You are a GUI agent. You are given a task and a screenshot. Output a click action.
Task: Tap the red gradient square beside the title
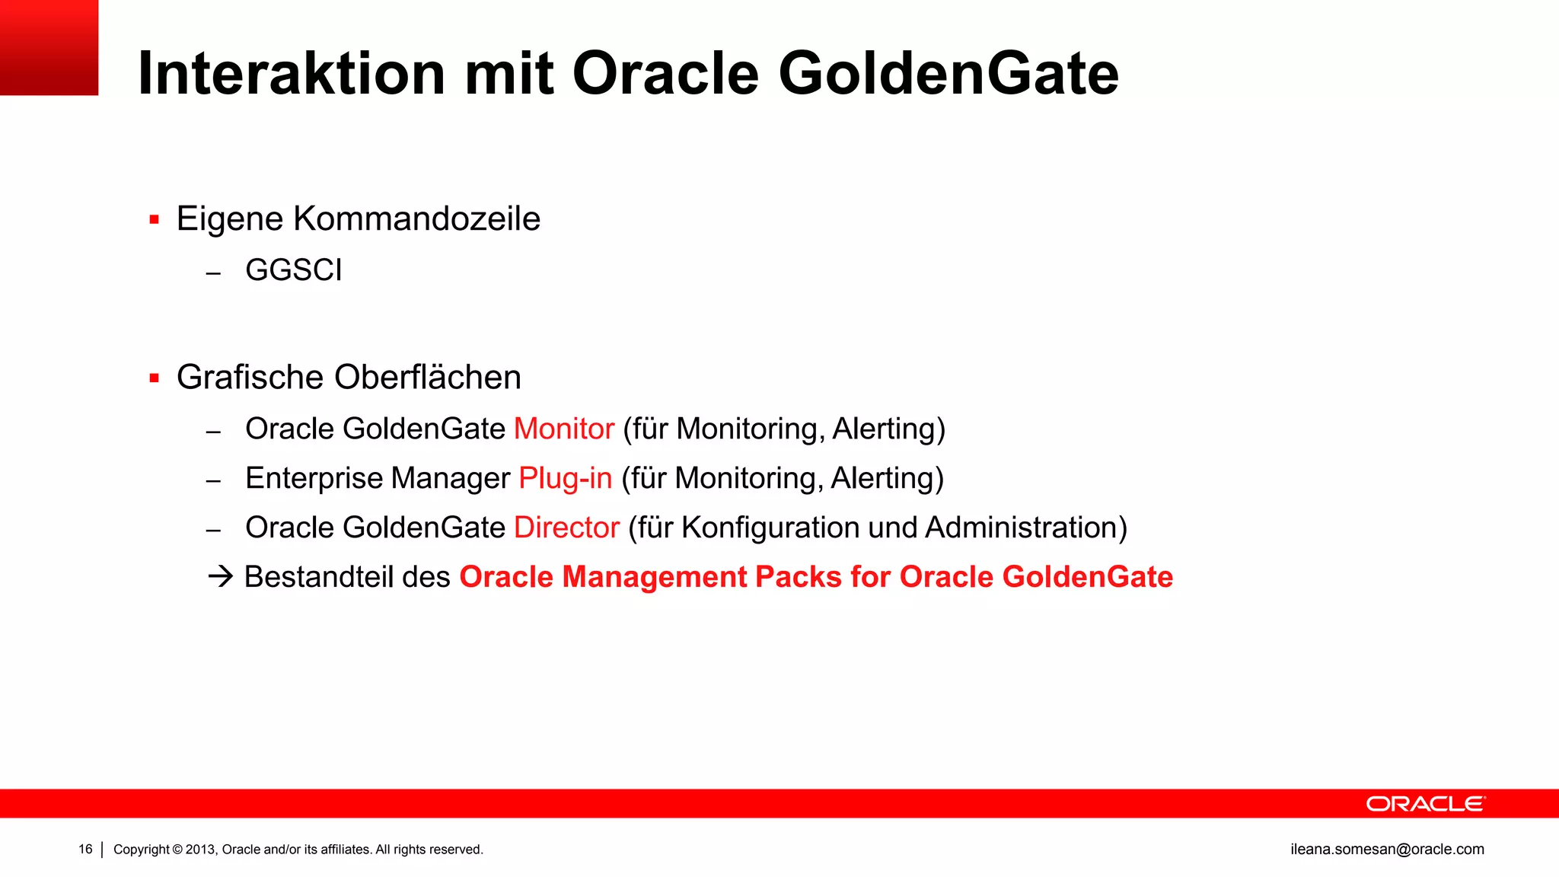pos(49,47)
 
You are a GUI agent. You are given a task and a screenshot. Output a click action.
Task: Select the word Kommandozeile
pos(416,219)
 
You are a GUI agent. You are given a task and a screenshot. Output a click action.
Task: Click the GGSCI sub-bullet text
pos(294,270)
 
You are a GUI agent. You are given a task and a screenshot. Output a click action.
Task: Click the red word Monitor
pos(564,429)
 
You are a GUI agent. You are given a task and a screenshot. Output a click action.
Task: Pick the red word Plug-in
pos(566,479)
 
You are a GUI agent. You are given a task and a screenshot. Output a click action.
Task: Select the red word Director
pos(567,528)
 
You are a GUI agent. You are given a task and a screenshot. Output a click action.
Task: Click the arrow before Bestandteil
pos(220,576)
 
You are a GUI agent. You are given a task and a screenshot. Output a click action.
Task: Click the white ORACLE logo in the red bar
pos(1425,804)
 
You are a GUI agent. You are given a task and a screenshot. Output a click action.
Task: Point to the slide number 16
pos(85,850)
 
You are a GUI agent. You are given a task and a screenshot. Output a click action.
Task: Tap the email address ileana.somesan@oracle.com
pos(1387,850)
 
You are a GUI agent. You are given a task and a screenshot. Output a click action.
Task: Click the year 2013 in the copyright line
pos(201,850)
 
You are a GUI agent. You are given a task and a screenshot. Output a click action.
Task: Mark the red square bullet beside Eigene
pos(155,220)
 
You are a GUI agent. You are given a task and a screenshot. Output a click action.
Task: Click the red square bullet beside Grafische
pos(155,378)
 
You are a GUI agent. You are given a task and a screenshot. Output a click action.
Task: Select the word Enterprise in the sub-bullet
pos(314,479)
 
